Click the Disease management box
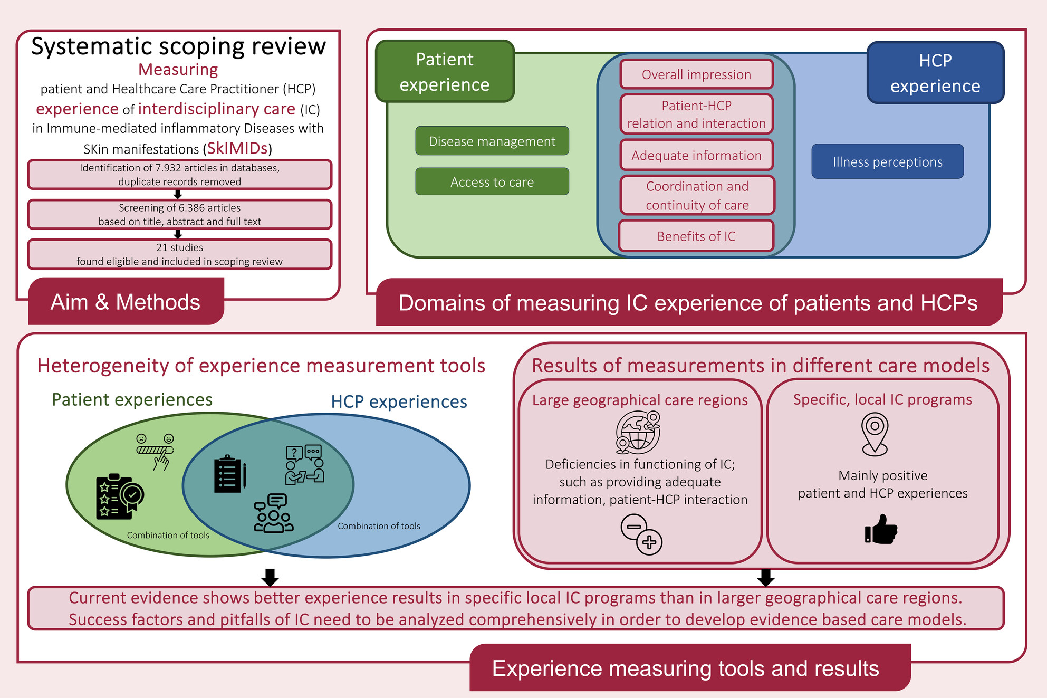pos(492,141)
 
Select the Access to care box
pos(492,181)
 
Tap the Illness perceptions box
pos(887,161)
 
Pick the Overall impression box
pos(696,74)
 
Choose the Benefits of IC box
pos(696,236)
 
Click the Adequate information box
pos(696,155)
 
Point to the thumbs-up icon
pos(881,529)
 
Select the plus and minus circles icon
pos(641,534)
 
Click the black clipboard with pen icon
pos(229,474)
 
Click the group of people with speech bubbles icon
pos(273,513)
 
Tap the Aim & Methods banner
pos(126,302)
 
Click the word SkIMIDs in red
pos(237,148)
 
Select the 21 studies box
pos(179,254)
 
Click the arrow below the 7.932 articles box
pos(178,194)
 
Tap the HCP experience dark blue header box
pos(935,73)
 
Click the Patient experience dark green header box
pos(445,71)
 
